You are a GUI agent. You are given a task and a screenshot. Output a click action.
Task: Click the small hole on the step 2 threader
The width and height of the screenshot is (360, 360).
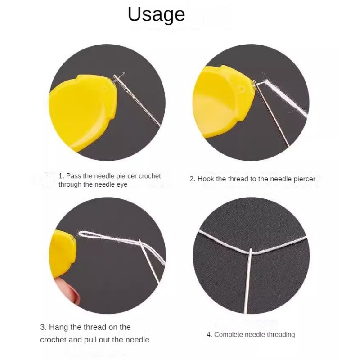pyautogui.click(x=242, y=89)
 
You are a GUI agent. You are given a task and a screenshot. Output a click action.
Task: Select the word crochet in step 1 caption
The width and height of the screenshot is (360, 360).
pyautogui.click(x=150, y=176)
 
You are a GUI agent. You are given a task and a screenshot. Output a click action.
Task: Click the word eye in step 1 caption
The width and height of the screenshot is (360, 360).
pyautogui.click(x=121, y=185)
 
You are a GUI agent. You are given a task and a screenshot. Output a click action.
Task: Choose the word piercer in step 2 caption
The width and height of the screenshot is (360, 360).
pyautogui.click(x=305, y=179)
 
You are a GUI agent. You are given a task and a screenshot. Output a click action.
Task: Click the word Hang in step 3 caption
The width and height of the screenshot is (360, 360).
pyautogui.click(x=58, y=327)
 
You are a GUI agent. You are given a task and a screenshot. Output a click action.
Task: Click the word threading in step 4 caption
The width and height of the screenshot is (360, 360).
pyautogui.click(x=280, y=335)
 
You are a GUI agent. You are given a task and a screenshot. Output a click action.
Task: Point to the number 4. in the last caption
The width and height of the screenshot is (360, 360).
pyautogui.click(x=209, y=335)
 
